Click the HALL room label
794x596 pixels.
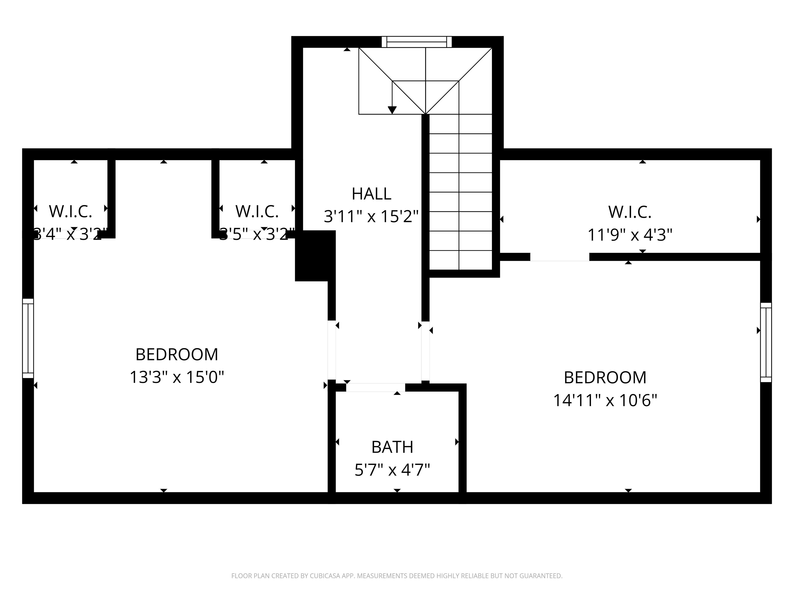371,194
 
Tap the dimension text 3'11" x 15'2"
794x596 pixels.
371,217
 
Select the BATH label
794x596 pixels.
392,447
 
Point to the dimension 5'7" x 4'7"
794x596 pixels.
392,470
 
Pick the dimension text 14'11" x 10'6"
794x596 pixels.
605,400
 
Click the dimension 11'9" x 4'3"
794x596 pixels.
630,235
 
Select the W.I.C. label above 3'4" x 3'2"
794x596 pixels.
70,211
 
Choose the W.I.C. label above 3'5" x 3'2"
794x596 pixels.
257,211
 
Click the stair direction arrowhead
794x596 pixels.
392,110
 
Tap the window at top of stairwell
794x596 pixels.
416,42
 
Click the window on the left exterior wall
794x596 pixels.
28,338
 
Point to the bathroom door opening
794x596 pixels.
376,387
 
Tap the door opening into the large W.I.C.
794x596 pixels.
560,257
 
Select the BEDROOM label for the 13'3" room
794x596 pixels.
177,355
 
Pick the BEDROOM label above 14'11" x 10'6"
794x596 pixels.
605,378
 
